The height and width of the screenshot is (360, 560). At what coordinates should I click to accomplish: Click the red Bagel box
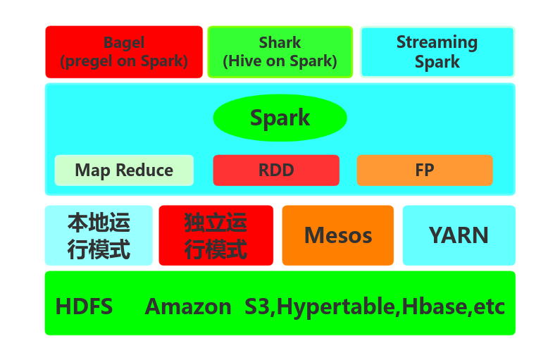[124, 52]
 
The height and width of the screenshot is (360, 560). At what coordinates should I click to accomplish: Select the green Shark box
[280, 52]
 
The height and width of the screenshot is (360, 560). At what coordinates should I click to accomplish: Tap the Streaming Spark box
[437, 52]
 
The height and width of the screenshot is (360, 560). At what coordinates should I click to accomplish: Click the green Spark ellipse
[280, 118]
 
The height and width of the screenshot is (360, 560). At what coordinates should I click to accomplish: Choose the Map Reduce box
[124, 170]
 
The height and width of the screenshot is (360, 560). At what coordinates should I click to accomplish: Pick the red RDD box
[275, 170]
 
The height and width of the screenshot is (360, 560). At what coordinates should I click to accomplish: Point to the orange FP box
[424, 170]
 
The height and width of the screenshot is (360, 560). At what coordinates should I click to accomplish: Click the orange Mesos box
[337, 235]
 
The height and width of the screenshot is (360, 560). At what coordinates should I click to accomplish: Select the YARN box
[459, 235]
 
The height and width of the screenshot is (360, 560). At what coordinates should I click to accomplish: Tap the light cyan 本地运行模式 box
[99, 235]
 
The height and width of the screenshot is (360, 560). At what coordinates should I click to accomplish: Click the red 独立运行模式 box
[216, 235]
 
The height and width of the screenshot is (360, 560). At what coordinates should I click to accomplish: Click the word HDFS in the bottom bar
[84, 307]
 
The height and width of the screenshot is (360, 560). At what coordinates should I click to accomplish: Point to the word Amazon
[188, 307]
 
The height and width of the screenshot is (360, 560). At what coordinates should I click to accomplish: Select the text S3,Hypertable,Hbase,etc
[375, 307]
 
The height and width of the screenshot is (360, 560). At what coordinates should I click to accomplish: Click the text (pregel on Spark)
[124, 61]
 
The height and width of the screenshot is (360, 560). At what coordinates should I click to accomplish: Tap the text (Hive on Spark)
[280, 61]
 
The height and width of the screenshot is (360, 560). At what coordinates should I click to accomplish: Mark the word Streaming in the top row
[437, 42]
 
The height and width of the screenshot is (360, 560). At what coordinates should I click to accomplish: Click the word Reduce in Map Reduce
[145, 170]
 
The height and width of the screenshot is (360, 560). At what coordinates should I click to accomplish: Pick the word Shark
[280, 43]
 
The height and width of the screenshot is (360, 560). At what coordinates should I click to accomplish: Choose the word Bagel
[124, 43]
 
